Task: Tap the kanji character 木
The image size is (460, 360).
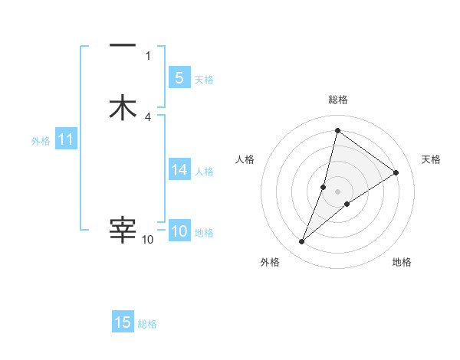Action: click(123, 107)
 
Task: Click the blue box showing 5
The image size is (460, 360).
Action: click(179, 77)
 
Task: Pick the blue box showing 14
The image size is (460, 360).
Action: click(179, 170)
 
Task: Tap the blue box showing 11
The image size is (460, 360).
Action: click(65, 139)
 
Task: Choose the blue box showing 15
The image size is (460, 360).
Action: click(123, 322)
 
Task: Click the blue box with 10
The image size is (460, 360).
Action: click(179, 231)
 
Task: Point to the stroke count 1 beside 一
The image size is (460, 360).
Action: click(148, 55)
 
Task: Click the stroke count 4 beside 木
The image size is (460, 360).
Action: click(148, 117)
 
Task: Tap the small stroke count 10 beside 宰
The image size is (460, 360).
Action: click(148, 240)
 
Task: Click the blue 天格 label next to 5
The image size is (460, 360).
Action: click(204, 80)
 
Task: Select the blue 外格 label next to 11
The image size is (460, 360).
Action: click(40, 141)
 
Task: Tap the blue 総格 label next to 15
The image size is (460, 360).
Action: click(147, 324)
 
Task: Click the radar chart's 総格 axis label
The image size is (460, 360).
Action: click(338, 100)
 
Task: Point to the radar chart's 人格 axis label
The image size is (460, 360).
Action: click(245, 159)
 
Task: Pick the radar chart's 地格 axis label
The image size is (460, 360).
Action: click(402, 263)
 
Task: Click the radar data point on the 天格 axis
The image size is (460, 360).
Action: click(396, 173)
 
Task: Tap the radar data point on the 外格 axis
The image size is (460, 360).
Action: click(302, 242)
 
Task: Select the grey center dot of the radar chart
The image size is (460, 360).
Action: click(338, 191)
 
